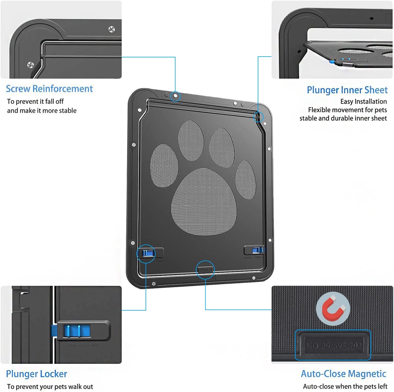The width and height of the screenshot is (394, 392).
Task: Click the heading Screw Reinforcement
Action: tap(49, 89)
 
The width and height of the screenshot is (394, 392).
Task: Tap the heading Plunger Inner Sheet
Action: tap(347, 90)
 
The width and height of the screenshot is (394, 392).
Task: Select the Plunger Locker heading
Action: tap(36, 374)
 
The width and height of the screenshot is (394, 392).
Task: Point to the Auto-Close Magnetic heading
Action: tap(343, 374)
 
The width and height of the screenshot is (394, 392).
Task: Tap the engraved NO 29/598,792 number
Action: tap(334, 346)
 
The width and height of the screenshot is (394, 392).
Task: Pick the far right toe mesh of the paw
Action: tap(245, 179)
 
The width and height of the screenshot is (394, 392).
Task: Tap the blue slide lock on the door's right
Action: tap(257, 250)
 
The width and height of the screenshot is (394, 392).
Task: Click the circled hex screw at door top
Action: tap(175, 96)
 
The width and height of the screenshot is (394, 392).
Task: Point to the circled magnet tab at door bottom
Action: tap(205, 270)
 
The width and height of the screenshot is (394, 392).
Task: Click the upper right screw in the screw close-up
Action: tap(112, 29)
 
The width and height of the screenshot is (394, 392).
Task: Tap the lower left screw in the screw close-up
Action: tap(31, 65)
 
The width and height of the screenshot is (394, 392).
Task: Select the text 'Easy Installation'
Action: tap(363, 101)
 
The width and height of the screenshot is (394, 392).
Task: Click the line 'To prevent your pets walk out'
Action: tap(50, 386)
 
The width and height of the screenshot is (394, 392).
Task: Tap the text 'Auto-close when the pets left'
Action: tap(345, 386)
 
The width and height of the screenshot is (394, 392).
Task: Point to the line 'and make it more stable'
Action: tap(42, 110)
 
